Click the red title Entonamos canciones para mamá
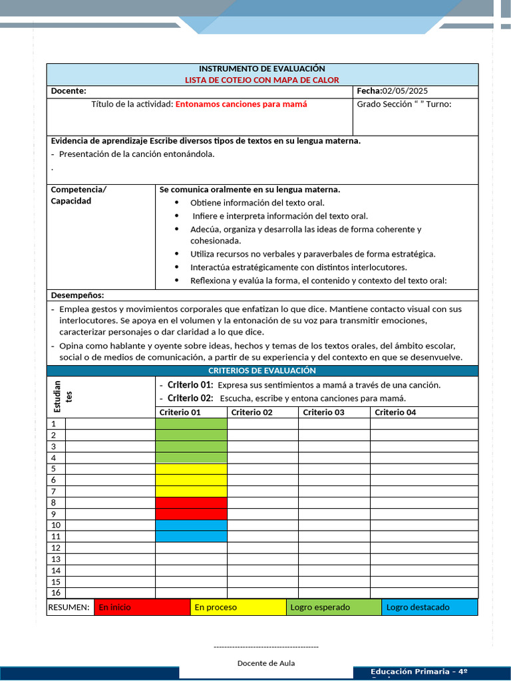pos(241,104)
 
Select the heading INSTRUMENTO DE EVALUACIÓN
pos(262,68)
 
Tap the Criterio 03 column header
pos(323,412)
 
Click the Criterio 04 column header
pos(395,412)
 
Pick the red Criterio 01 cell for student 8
pos(191,503)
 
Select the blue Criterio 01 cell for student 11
pos(191,537)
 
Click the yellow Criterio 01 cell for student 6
pos(191,480)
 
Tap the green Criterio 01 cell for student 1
pos(191,424)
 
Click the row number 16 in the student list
pos(56,593)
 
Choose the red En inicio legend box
pos(142,607)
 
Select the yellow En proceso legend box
pos(238,607)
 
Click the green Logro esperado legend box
pos(334,607)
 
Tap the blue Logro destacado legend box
pos(430,607)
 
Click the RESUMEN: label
pos(69,607)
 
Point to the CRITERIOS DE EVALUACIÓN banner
pos(262,370)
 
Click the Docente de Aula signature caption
pos(265,663)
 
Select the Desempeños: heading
pos(77,295)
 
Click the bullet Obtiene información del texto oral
pos(257,203)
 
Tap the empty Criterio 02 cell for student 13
pos(263,559)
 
